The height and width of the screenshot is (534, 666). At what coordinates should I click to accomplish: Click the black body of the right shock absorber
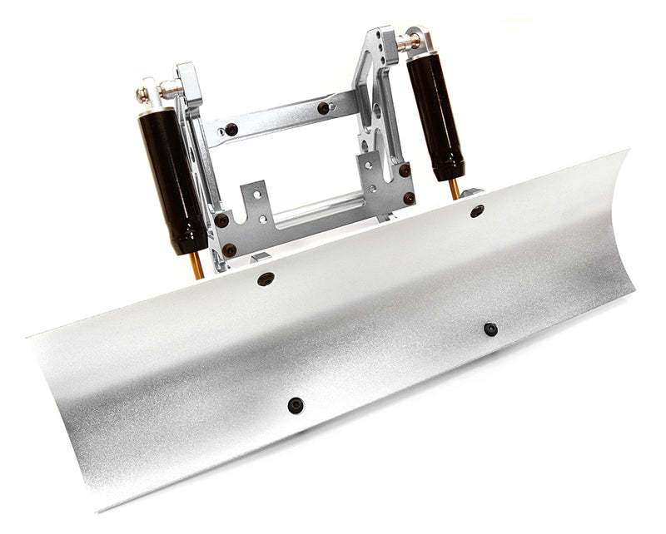tap(435, 116)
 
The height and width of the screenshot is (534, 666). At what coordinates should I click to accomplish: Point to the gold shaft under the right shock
tap(455, 189)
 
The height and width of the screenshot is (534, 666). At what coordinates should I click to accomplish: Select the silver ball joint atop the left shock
tap(150, 93)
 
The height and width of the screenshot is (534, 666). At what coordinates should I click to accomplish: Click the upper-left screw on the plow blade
tap(266, 279)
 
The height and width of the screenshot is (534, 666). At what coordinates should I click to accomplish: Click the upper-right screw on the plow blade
tap(477, 211)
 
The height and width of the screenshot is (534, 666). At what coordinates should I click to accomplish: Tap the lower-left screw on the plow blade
tap(296, 405)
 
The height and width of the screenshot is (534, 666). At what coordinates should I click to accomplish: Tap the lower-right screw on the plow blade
tap(490, 329)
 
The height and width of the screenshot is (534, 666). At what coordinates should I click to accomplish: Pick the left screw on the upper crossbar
tap(231, 130)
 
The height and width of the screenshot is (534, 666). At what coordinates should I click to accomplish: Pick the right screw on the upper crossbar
tap(323, 108)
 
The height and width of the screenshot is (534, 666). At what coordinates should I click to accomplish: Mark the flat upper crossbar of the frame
tap(279, 118)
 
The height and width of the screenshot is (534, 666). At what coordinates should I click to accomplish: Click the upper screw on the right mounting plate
tap(404, 170)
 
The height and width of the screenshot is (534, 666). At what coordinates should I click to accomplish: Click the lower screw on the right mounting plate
tap(409, 198)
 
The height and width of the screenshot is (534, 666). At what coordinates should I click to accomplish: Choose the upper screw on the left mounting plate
tap(221, 220)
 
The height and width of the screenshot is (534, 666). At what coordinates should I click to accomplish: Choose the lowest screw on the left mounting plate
tap(229, 250)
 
